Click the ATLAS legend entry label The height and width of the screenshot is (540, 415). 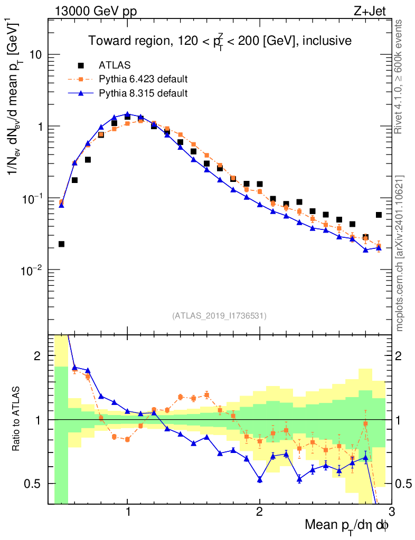(115, 65)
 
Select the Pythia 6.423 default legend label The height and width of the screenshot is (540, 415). (143, 80)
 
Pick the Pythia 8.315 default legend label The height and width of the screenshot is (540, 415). (143, 93)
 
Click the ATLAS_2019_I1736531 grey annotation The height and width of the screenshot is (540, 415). (219, 316)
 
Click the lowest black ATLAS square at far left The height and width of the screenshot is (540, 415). (61, 244)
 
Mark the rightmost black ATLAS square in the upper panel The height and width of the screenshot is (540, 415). (379, 215)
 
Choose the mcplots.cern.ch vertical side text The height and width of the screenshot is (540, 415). (400, 253)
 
